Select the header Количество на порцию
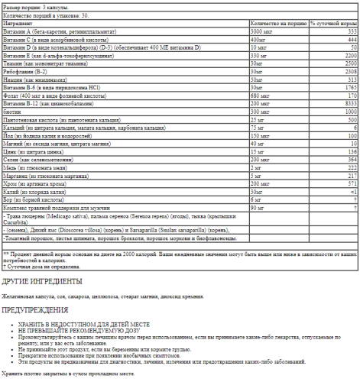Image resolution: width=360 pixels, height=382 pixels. click(276, 24)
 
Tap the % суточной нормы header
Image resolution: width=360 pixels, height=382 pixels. click(333, 24)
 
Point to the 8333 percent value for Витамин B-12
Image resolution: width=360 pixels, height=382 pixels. click(352, 102)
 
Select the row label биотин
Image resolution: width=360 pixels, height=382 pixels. click(11, 111)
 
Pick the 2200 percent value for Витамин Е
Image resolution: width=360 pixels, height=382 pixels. click(352, 55)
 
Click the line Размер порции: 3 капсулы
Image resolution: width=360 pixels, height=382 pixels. click(34, 6)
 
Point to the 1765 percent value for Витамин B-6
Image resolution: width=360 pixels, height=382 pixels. click(352, 87)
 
